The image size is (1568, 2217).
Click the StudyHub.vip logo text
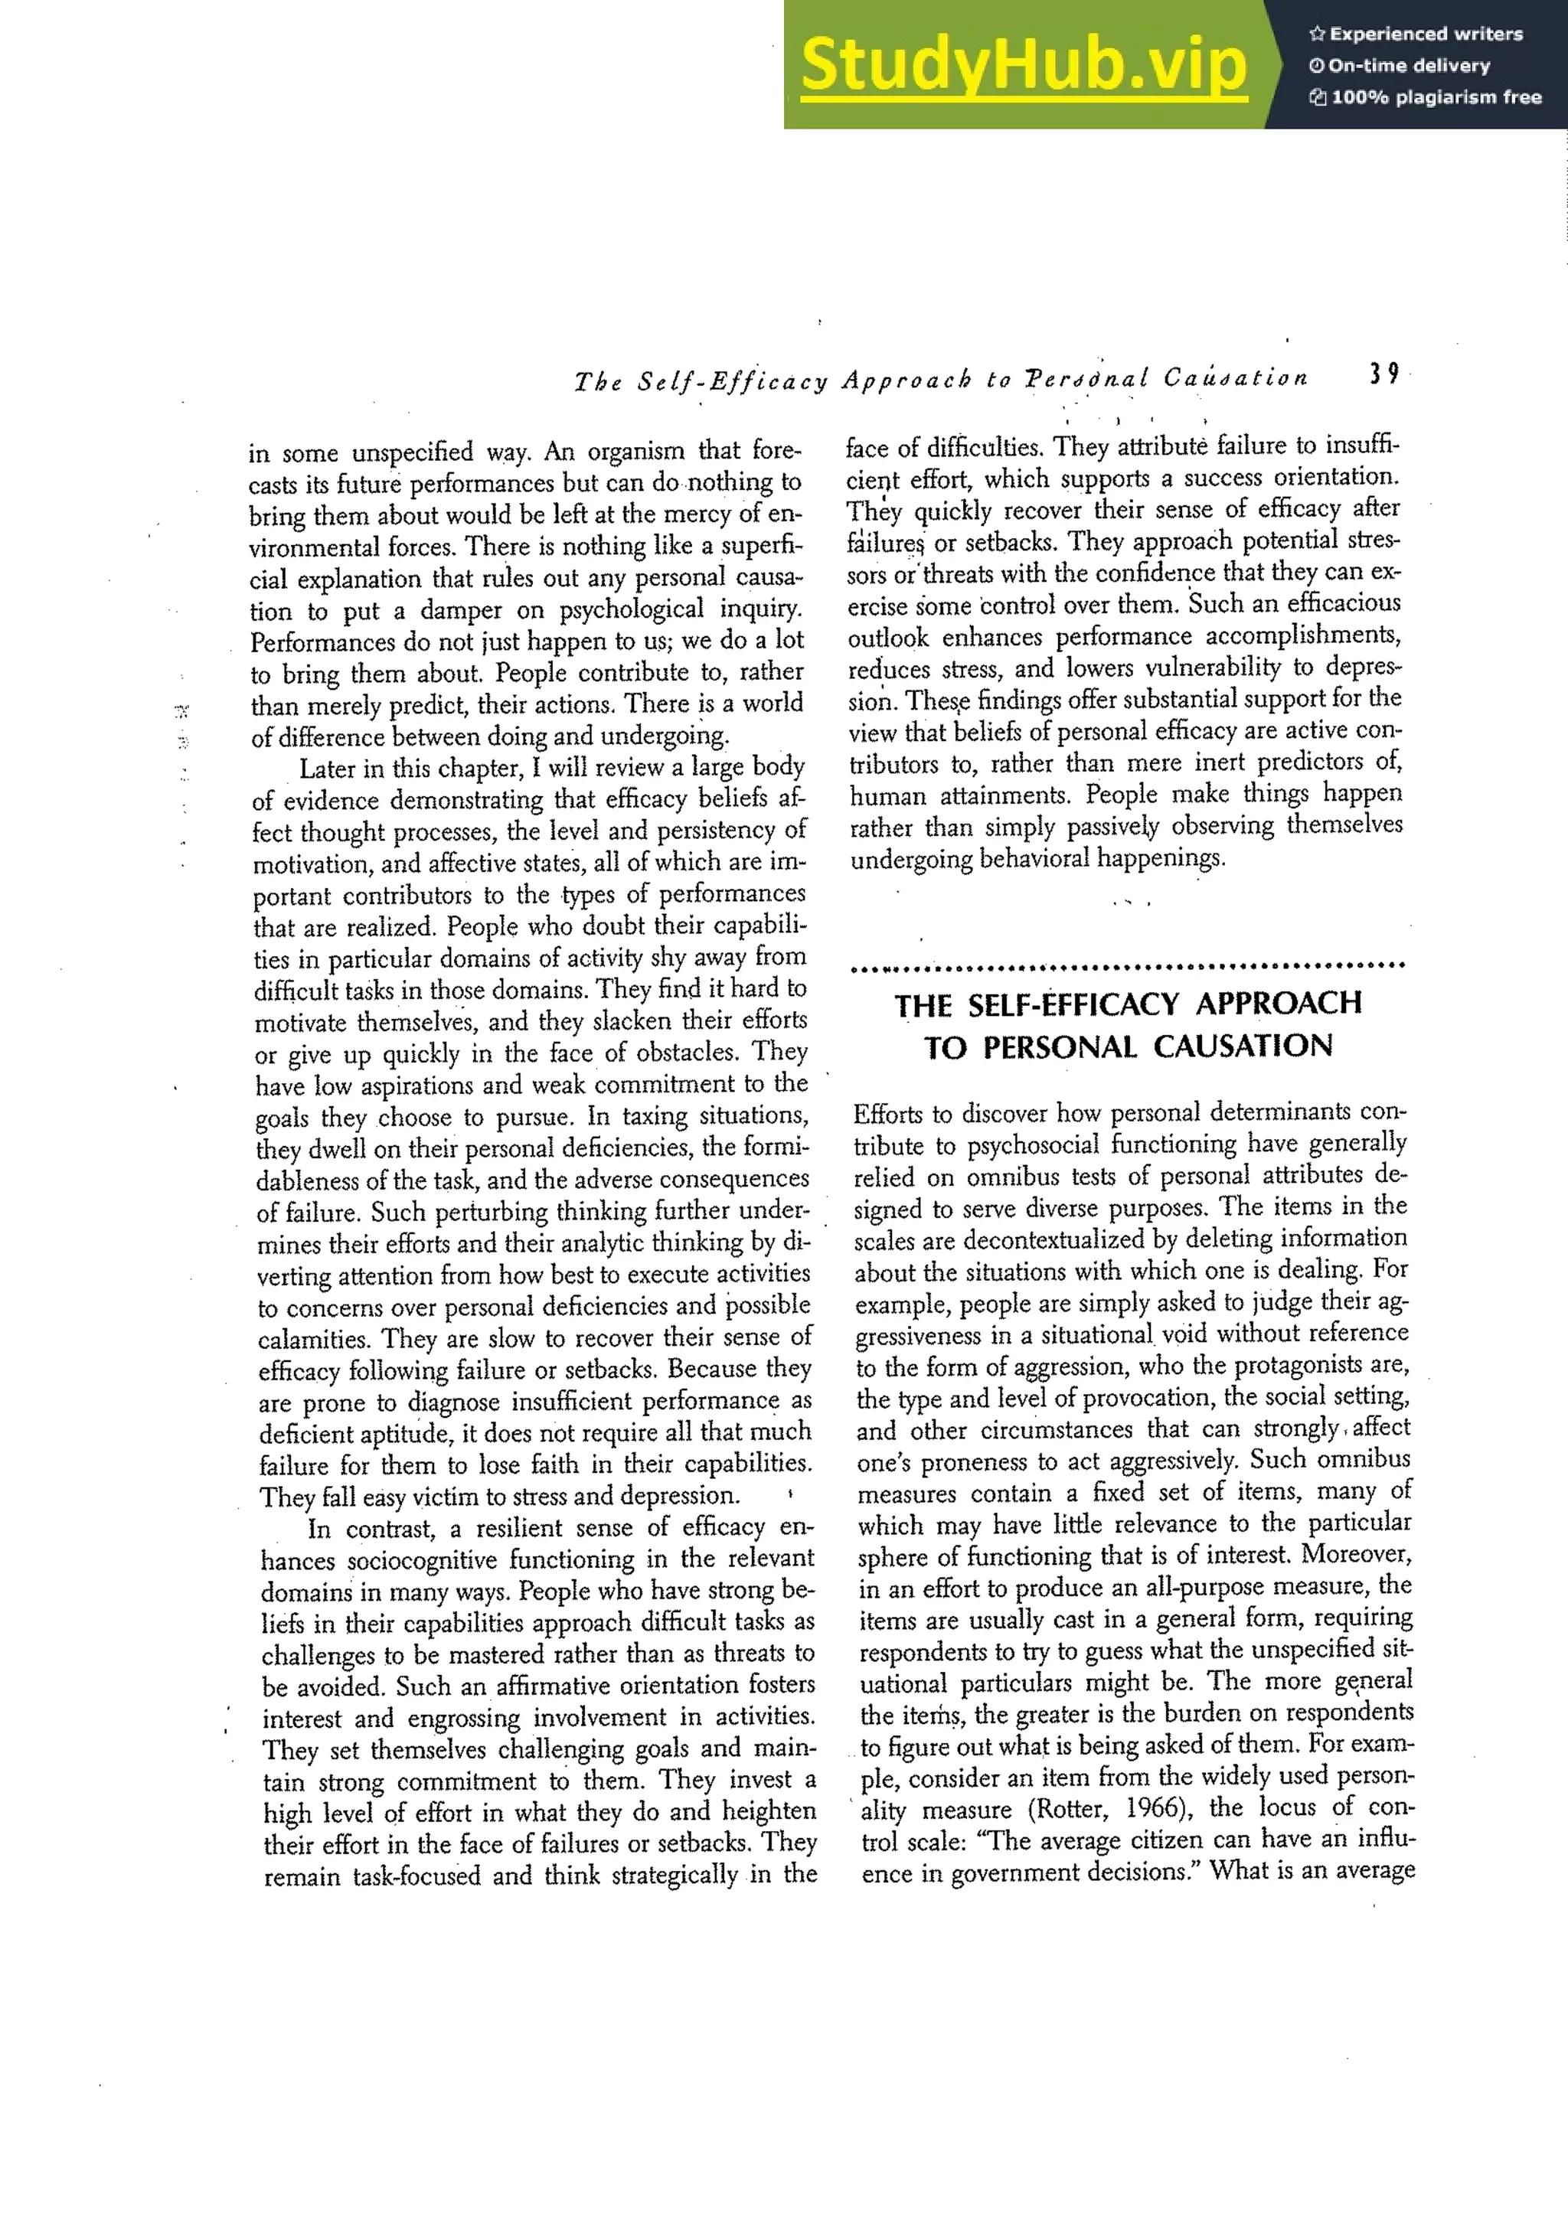click(x=1024, y=66)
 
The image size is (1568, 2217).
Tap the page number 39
click(x=1383, y=374)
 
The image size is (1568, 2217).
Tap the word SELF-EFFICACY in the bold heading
click(x=1072, y=1004)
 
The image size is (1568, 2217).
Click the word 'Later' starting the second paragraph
click(x=328, y=769)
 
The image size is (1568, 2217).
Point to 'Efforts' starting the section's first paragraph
click(x=887, y=1115)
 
